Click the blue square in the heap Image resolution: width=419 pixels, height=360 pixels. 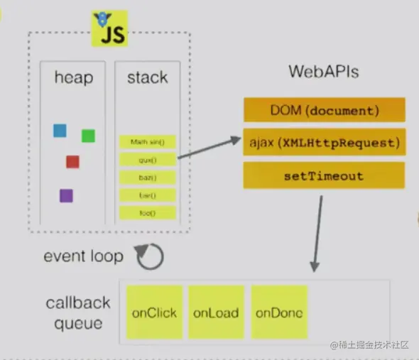[60, 131]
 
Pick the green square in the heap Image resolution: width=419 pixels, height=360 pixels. [88, 135]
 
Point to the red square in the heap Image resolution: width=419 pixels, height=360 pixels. [72, 161]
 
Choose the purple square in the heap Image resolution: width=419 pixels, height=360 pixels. [66, 195]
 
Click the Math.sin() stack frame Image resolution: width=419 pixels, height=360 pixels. [148, 142]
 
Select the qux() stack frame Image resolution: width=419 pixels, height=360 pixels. [148, 160]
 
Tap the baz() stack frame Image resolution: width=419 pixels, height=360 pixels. [148, 177]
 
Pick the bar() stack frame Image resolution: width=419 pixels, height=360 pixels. [148, 195]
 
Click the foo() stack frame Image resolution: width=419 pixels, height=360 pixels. [148, 212]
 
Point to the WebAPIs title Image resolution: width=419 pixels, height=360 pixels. [323, 72]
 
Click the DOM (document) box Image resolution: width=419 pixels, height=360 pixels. [324, 111]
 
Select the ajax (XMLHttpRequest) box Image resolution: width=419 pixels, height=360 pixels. [324, 142]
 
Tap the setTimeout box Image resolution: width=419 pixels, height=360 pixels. [324, 175]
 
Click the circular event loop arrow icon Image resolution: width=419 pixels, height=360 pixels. [150, 257]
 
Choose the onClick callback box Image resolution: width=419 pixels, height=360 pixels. [154, 312]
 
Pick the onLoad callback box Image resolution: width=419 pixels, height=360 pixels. [216, 312]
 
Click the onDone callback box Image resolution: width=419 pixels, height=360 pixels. [278, 312]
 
